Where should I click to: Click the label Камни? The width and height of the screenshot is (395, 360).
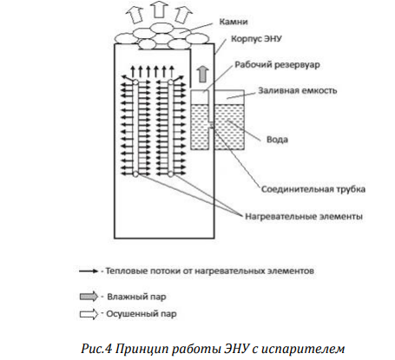click(234, 22)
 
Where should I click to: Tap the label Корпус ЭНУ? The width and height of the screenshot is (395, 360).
click(256, 39)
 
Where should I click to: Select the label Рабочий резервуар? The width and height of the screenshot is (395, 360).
click(277, 64)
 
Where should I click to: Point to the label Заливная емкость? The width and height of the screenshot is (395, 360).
click(298, 90)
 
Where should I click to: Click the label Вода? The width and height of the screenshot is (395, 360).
click(277, 140)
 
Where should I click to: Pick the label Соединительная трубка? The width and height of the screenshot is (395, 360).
click(313, 189)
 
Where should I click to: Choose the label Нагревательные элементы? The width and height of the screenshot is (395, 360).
click(304, 217)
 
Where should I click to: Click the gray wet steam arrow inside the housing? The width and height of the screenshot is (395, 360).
click(203, 74)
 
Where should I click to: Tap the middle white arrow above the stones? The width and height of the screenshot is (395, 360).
click(159, 9)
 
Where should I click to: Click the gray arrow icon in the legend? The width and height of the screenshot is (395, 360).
click(89, 297)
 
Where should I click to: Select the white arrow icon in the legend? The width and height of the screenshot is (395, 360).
click(89, 314)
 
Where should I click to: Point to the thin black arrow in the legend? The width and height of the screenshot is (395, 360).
click(89, 272)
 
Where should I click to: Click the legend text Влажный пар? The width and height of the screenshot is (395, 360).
click(136, 297)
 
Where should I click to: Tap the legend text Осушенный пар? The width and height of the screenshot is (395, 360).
click(142, 314)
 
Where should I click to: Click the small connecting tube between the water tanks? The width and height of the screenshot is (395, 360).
click(212, 125)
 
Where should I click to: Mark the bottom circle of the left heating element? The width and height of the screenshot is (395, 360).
click(135, 174)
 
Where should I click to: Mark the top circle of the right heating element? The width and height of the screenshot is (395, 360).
click(171, 82)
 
